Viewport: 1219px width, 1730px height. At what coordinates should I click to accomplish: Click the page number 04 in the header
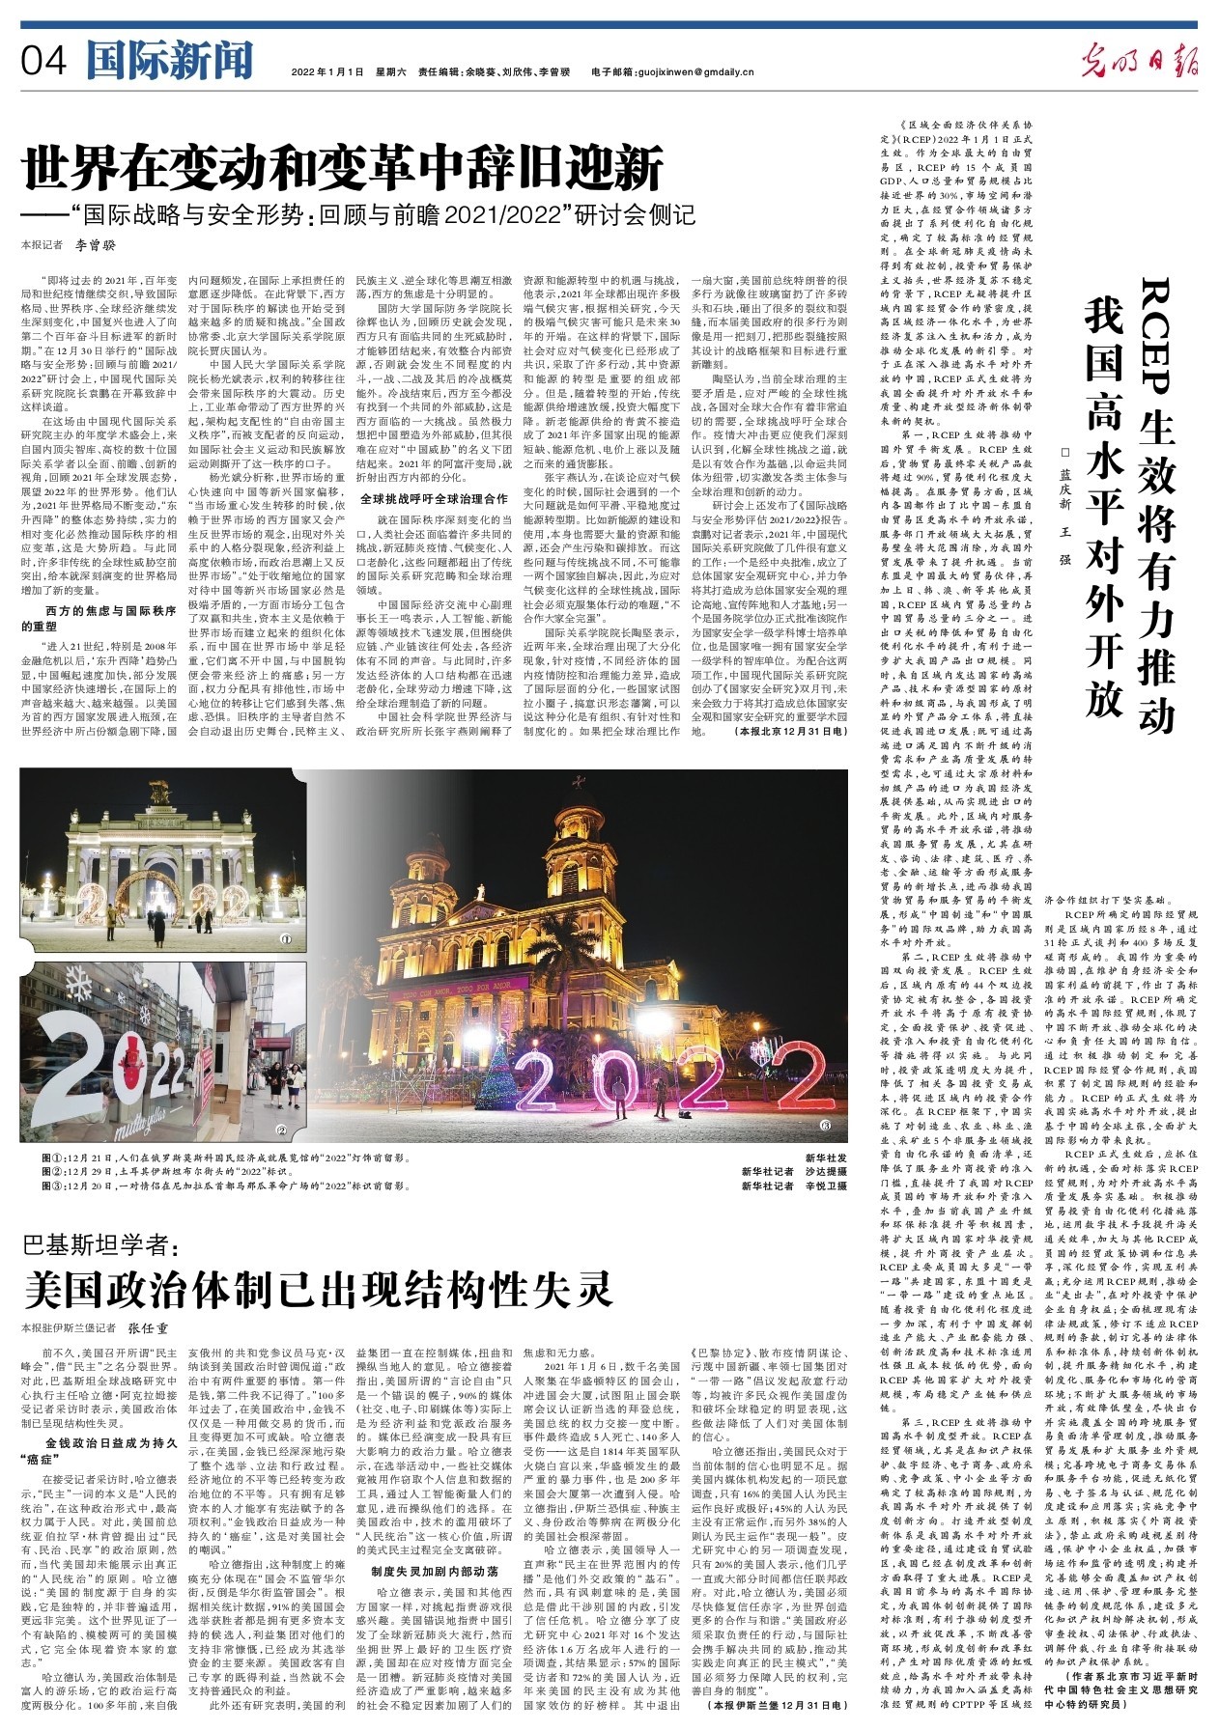[43, 63]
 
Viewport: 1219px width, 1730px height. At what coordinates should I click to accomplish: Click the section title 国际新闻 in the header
[169, 62]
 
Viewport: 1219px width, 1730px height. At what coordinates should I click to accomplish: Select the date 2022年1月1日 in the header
[326, 71]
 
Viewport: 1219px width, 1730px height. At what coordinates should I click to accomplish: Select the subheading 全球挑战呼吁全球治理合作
[434, 499]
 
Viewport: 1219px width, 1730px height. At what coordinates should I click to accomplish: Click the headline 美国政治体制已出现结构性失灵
[318, 1286]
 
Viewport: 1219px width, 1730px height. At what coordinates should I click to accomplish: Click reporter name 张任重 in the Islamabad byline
[149, 1328]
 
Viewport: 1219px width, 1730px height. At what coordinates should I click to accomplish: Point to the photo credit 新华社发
[826, 1157]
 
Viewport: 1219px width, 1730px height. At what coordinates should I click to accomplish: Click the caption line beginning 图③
[218, 1186]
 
